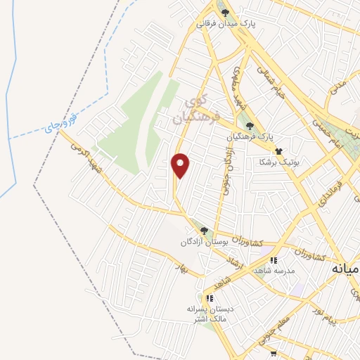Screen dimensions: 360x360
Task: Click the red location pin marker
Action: pos(181,165)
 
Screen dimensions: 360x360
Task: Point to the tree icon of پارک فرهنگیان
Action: pos(250,126)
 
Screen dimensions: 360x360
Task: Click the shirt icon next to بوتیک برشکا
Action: pos(279,150)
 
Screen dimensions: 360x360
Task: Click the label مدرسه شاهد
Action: pos(291,271)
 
